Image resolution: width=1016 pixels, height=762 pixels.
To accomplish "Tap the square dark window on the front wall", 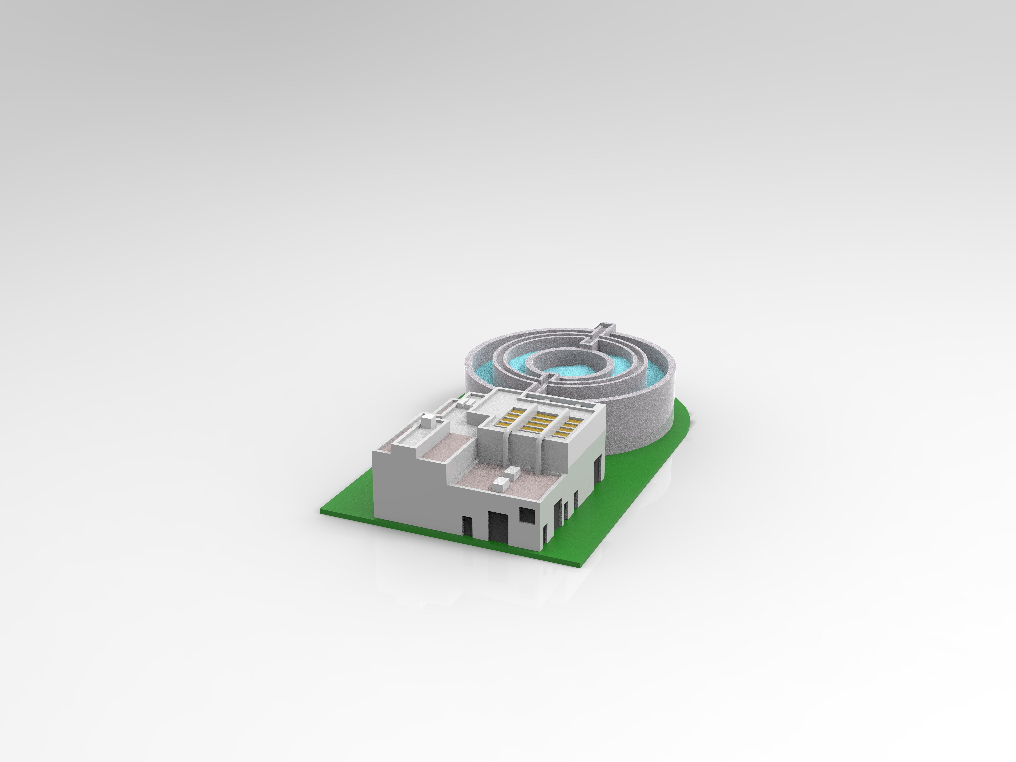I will (527, 514).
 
